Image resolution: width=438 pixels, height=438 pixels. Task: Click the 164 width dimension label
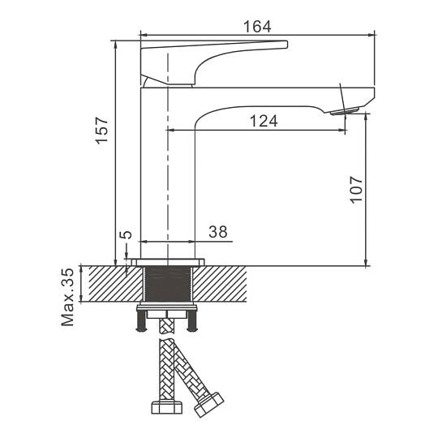257,27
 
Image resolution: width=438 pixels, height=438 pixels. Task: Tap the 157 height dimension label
101,131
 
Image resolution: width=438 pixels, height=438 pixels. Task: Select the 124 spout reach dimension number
264,121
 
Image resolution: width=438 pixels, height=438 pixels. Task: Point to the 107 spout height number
356,189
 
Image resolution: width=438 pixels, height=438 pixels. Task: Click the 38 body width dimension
218,231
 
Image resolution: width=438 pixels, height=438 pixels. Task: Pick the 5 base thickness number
126,234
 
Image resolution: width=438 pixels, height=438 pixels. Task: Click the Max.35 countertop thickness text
67,297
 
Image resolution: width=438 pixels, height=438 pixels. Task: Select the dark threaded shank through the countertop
168,284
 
